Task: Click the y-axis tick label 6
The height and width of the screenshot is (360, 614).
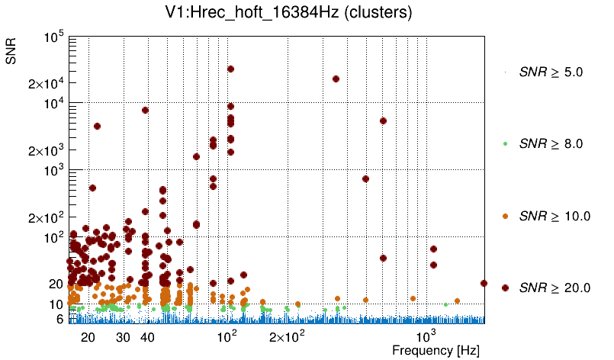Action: click(x=59, y=319)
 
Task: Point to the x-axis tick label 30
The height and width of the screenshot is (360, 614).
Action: click(x=123, y=337)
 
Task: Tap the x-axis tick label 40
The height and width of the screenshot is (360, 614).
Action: click(x=148, y=337)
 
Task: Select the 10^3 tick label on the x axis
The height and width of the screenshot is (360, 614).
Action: click(x=426, y=336)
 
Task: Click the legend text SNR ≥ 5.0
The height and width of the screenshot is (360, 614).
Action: click(x=551, y=72)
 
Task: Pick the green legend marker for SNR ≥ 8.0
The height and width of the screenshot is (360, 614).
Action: click(x=505, y=143)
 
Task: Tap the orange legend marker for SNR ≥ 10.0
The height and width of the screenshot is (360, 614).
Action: click(x=505, y=216)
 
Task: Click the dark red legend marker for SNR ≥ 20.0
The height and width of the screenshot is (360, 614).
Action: click(x=505, y=288)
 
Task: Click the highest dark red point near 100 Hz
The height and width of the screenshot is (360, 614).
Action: click(x=230, y=69)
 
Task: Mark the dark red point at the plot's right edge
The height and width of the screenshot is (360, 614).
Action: click(x=484, y=283)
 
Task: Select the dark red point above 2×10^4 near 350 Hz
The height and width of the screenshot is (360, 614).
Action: click(x=336, y=79)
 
